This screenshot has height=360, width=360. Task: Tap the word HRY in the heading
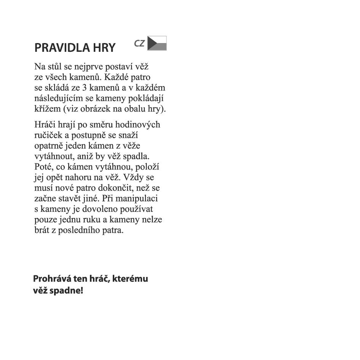click(x=103, y=48)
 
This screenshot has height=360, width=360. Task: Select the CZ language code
click(x=139, y=43)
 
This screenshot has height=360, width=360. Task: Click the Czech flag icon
click(x=157, y=43)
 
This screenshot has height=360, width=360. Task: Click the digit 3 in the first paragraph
click(x=85, y=88)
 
